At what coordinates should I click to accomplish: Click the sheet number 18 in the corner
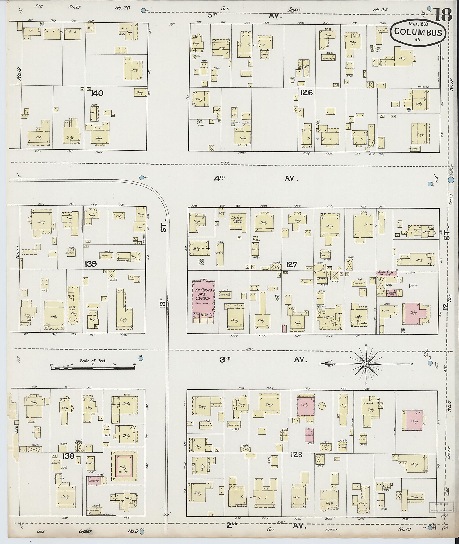click(443, 15)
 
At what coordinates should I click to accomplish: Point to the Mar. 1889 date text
click(418, 24)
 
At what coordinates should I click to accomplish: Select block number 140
click(97, 93)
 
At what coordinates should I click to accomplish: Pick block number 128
click(297, 455)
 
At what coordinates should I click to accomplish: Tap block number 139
click(91, 264)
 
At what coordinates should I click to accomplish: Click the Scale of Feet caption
click(93, 361)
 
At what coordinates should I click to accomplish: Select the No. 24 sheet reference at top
click(380, 10)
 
